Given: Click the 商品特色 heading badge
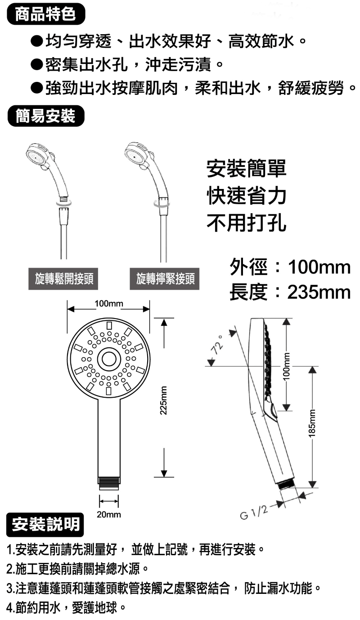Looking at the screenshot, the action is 46,14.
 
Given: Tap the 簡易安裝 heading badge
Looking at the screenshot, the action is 46,116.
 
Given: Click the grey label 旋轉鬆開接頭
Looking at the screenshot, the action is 63,279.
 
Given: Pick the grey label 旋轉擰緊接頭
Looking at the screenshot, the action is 165,279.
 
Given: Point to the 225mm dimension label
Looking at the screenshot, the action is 164,400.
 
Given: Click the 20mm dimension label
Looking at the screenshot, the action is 109,515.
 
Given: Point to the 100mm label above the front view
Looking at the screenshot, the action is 109,304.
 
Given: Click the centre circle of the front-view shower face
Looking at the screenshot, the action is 109,359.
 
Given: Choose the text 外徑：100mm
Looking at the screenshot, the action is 290,267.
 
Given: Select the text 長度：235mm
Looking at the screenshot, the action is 290,292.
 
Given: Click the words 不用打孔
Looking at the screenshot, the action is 247,223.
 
